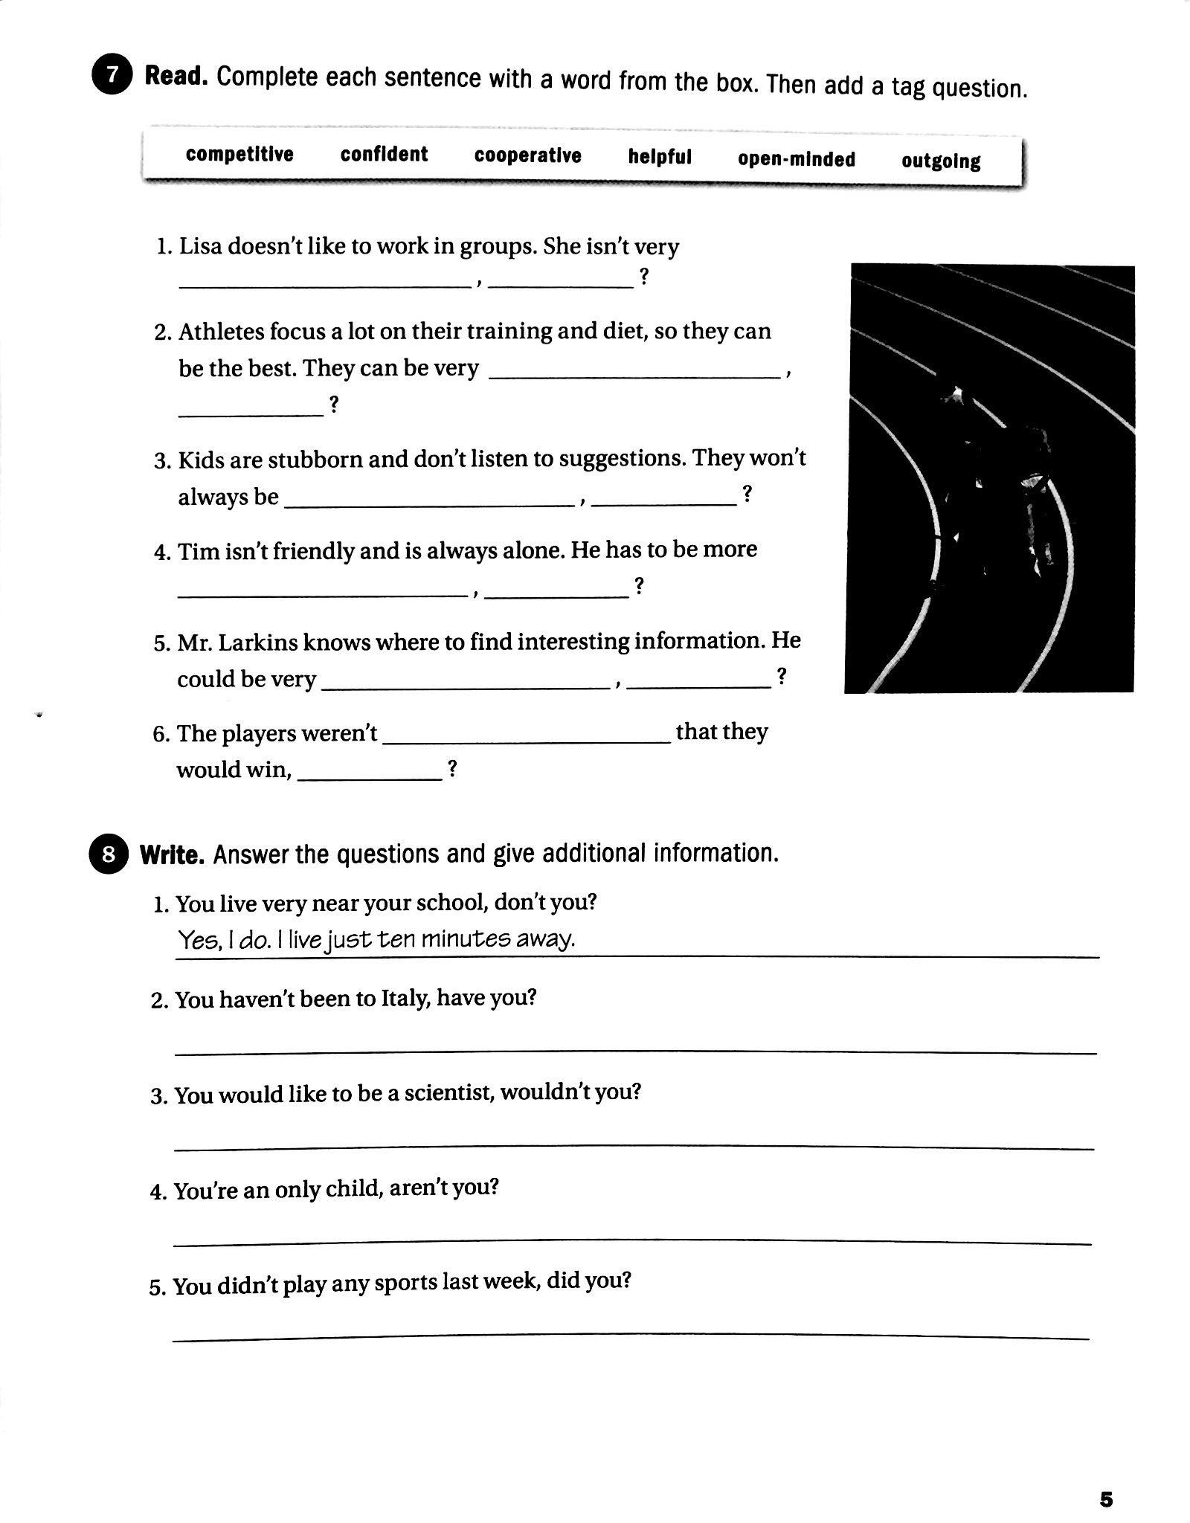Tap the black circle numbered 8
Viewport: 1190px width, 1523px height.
pyautogui.click(x=109, y=854)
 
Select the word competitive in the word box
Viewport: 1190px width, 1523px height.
pyautogui.click(x=239, y=154)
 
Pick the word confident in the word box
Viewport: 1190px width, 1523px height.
pyautogui.click(x=384, y=155)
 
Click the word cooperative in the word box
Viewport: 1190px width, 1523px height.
pyautogui.click(x=527, y=155)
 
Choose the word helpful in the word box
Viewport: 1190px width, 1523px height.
pyautogui.click(x=660, y=157)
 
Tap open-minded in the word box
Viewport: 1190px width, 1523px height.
pyautogui.click(x=796, y=159)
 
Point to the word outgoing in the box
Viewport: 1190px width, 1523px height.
pyautogui.click(x=941, y=161)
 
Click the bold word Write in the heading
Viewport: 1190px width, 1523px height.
pyautogui.click(x=172, y=855)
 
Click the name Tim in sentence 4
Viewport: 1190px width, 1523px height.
pyautogui.click(x=193, y=551)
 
